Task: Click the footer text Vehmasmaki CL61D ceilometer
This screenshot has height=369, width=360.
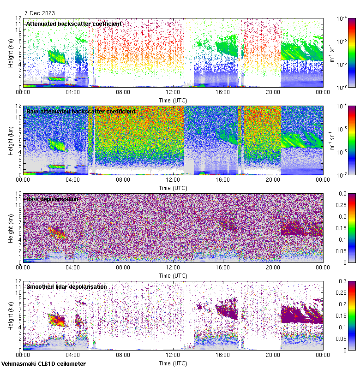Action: (x=43, y=364)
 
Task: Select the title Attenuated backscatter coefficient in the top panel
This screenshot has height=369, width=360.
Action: (x=74, y=24)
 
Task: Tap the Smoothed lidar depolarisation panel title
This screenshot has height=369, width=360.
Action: (x=66, y=286)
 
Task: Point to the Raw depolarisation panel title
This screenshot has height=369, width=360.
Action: (x=52, y=199)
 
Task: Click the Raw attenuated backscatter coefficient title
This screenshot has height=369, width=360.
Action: (x=81, y=111)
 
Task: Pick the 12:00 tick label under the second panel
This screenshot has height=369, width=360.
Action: (x=173, y=180)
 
